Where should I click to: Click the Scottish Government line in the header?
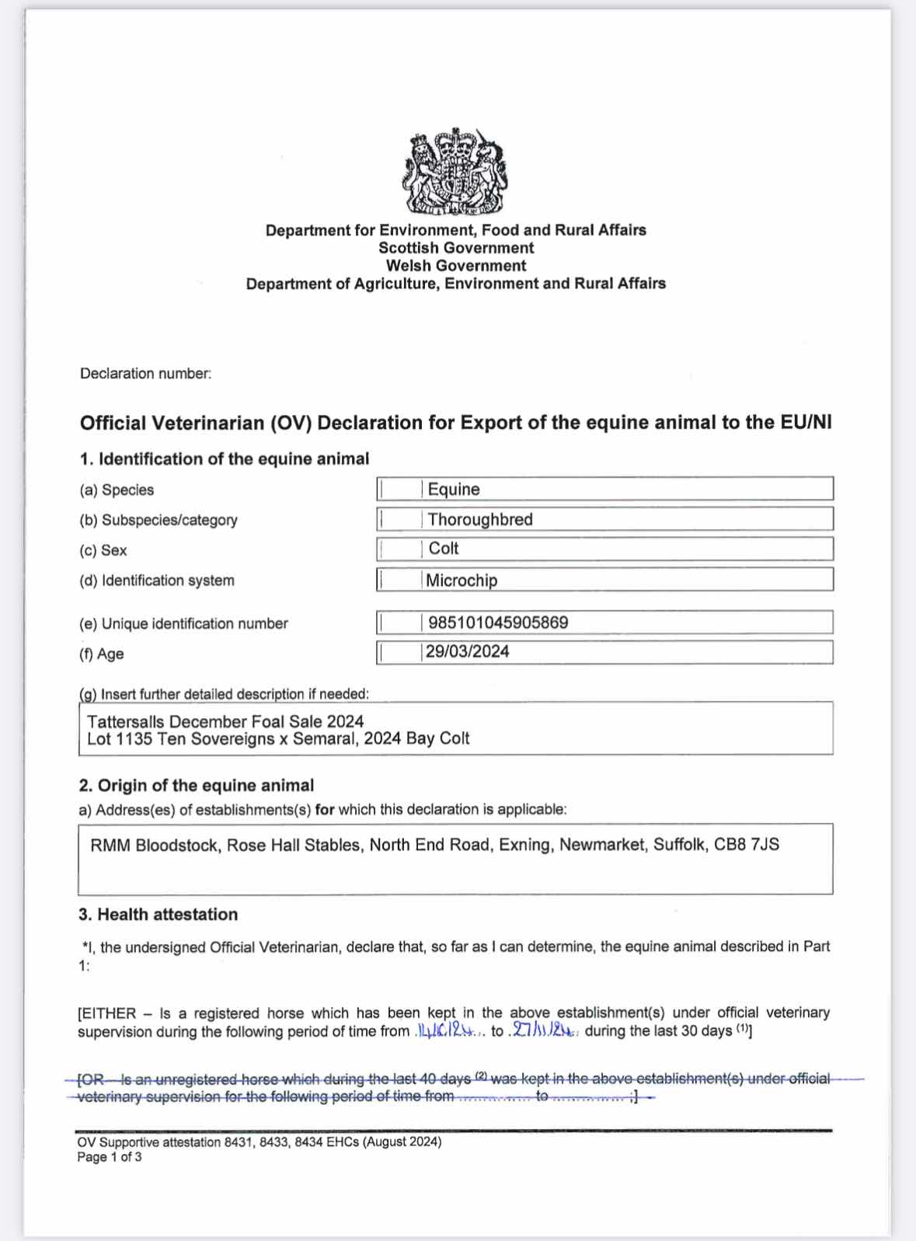point(456,248)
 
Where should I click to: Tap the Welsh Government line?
point(456,266)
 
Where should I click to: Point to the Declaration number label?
point(145,374)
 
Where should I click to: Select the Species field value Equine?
point(454,490)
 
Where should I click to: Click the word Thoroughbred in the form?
point(480,520)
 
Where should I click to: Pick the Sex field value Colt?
point(444,549)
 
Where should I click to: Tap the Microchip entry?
point(461,580)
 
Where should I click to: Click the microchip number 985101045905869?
point(498,623)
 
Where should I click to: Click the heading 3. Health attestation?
point(158,915)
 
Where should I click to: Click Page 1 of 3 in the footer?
point(110,1157)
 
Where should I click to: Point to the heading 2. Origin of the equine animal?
point(197,786)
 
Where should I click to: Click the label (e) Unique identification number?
point(183,624)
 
